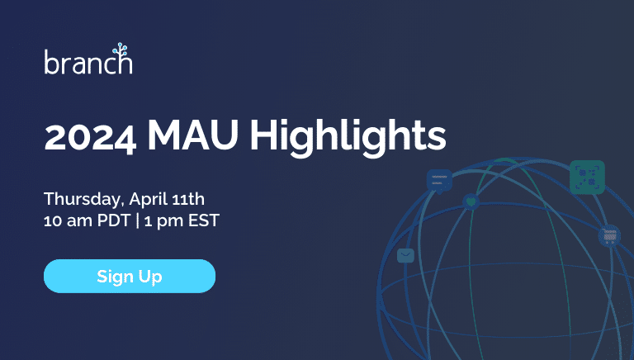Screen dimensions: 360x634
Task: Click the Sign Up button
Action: click(130, 276)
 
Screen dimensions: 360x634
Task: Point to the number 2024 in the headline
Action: click(89, 135)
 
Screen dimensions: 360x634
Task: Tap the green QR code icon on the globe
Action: click(587, 177)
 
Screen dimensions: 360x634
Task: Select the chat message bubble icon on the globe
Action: click(439, 180)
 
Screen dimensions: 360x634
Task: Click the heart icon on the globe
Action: click(471, 201)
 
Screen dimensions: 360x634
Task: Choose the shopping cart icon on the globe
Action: click(609, 236)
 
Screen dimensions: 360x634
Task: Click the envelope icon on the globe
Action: click(405, 255)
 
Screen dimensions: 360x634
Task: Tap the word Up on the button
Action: click(150, 276)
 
